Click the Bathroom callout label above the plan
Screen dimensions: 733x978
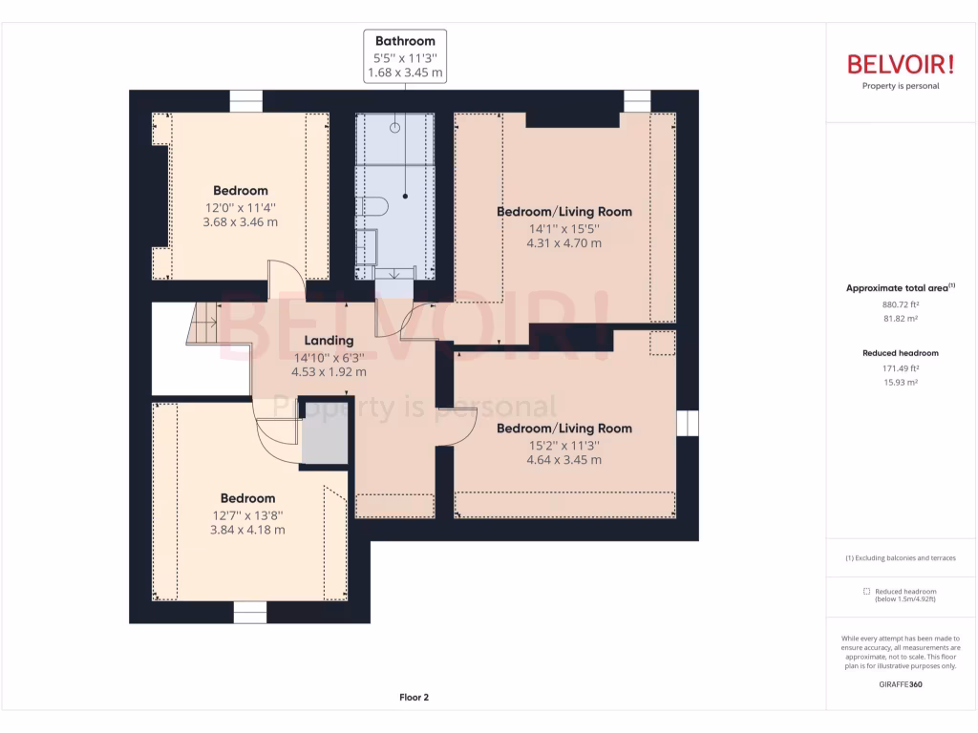click(x=405, y=41)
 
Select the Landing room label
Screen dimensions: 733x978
click(x=329, y=340)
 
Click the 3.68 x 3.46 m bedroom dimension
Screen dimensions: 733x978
click(x=241, y=221)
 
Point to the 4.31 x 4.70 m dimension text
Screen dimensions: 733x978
click(x=563, y=242)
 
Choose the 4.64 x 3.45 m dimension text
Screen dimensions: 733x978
click(x=563, y=459)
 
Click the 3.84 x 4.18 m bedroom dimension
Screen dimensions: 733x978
click(x=247, y=530)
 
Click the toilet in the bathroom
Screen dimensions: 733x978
click(x=373, y=207)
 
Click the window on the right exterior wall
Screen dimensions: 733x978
click(x=688, y=424)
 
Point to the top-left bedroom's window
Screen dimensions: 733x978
click(x=245, y=100)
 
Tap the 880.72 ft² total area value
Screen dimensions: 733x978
click(x=900, y=304)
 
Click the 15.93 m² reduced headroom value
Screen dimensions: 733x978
click(x=900, y=382)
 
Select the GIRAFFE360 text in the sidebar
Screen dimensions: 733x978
click(x=900, y=684)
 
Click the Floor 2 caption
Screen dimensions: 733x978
click(x=414, y=698)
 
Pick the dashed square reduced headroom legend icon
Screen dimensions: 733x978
click(x=866, y=591)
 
